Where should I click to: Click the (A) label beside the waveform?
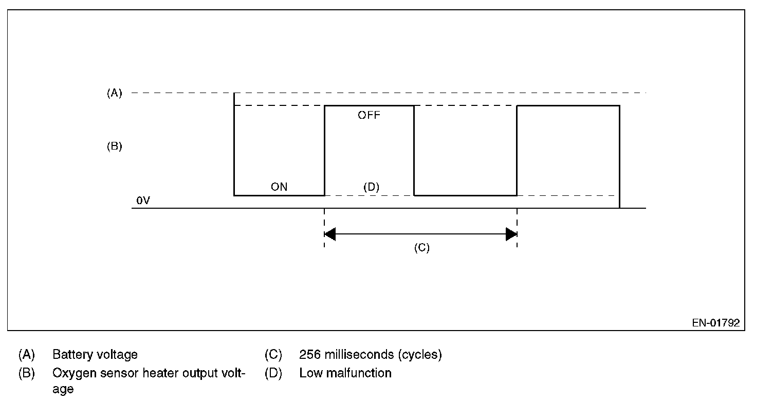114,93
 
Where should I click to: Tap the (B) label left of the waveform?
114,147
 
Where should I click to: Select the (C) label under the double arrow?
421,248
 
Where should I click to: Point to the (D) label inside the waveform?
371,187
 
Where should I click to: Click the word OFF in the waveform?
369,116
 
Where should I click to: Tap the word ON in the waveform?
279,187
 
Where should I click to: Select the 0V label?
143,200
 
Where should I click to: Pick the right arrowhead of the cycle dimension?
511,234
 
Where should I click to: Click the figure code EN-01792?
715,323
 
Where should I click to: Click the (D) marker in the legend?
273,373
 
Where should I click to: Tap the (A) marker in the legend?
26,355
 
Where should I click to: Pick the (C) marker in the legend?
273,355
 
